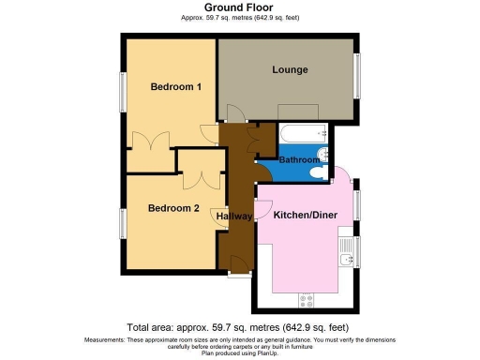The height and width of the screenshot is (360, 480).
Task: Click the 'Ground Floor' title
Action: coord(239,7)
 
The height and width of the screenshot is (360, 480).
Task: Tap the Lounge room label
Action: coord(290,70)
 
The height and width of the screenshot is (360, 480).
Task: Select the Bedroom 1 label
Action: coord(176,87)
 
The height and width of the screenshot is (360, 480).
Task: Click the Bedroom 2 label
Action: coord(172,208)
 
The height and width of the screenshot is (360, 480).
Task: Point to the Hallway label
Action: coord(234,217)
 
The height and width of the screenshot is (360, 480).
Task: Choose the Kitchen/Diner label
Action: coord(306,215)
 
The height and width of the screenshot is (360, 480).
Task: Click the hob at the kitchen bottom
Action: coord(306,300)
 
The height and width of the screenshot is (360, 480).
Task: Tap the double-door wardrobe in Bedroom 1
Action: coord(150,142)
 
